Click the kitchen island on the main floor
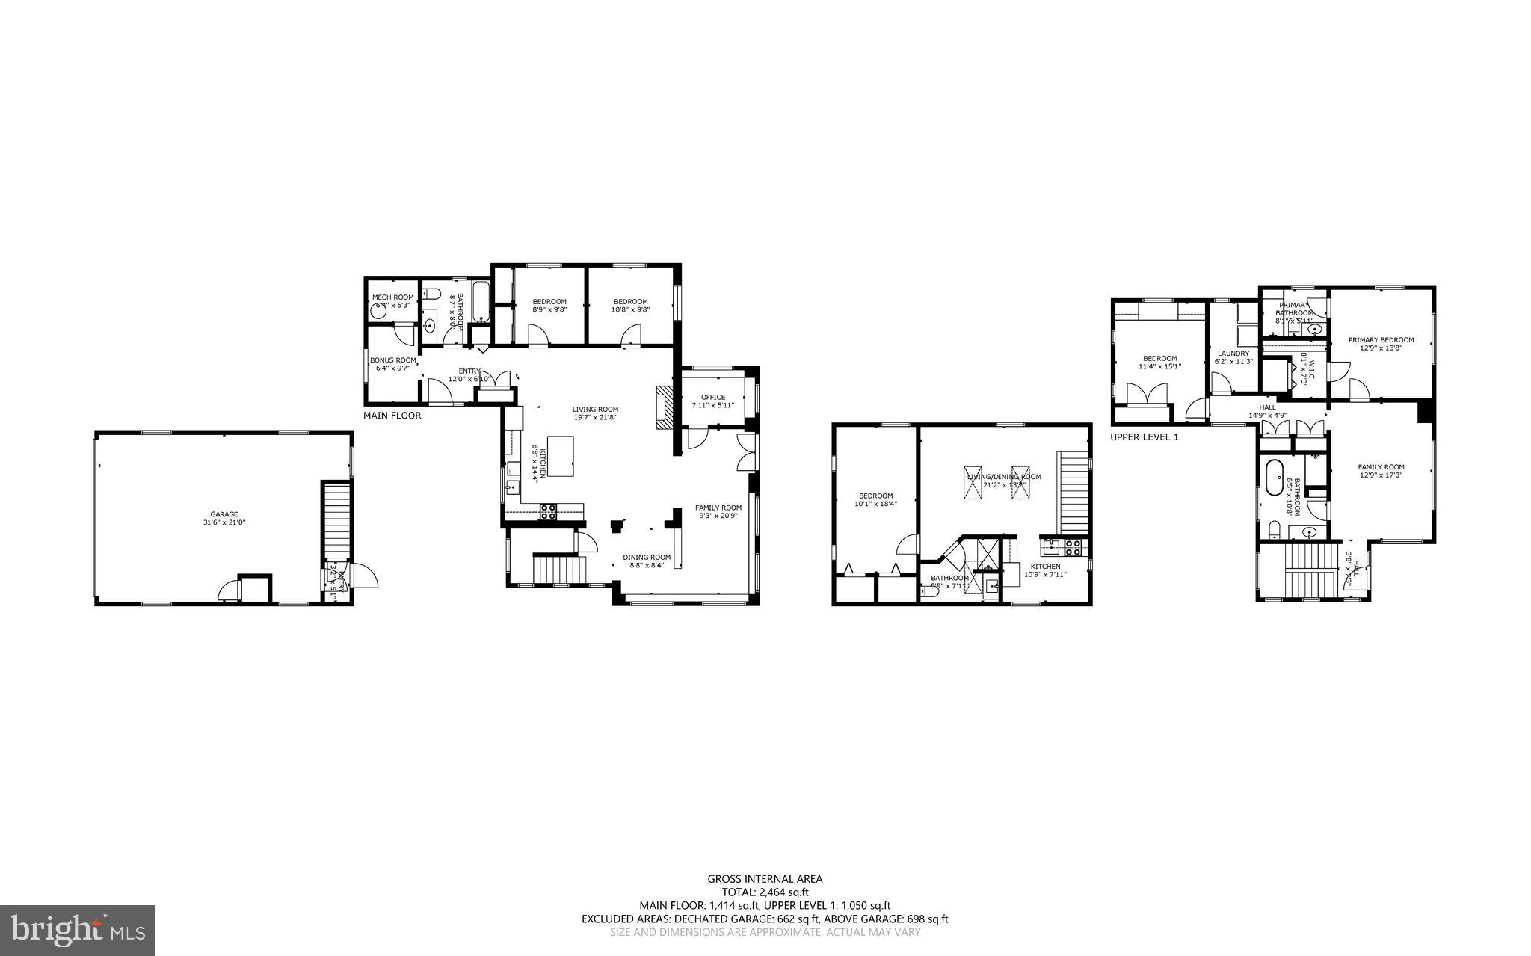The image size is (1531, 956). coord(561,456)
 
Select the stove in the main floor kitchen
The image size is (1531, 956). coord(549,512)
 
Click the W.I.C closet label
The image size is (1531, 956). coord(1306,369)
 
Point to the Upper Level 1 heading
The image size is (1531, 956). coord(1144,437)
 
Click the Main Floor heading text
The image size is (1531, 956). coord(392,416)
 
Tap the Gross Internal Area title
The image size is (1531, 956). coord(765,879)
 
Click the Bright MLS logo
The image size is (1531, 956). coord(78,930)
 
